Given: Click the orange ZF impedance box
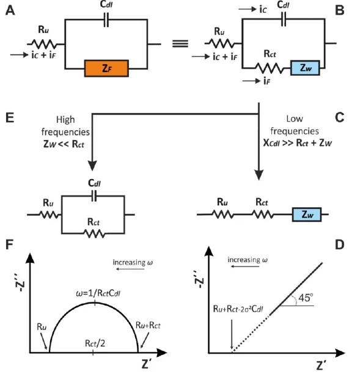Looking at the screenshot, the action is (106, 68).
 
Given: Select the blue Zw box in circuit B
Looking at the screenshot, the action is (305, 68).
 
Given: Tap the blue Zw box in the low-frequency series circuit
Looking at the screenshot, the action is (307, 215).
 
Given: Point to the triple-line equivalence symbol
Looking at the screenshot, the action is (180, 43).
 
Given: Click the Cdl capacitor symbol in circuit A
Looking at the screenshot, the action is (106, 20).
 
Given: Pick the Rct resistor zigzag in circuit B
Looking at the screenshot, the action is (270, 68).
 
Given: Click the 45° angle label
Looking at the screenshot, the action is (306, 298).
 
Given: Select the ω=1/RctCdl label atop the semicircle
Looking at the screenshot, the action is (98, 293).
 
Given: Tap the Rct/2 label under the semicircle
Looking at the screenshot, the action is (95, 343).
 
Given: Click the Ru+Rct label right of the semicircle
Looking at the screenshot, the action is (148, 325).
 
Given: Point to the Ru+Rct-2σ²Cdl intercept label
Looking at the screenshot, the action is (238, 309).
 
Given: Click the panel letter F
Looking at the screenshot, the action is (9, 244).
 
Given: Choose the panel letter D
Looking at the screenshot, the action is (339, 244).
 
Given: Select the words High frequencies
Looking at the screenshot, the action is (65, 126).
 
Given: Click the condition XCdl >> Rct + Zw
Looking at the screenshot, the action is (298, 143).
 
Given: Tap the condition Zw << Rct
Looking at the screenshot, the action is (64, 144).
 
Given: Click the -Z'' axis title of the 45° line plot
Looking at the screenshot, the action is (199, 279).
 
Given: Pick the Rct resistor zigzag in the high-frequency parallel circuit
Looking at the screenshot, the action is (95, 233).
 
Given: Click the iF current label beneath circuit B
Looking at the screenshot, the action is (267, 81).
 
